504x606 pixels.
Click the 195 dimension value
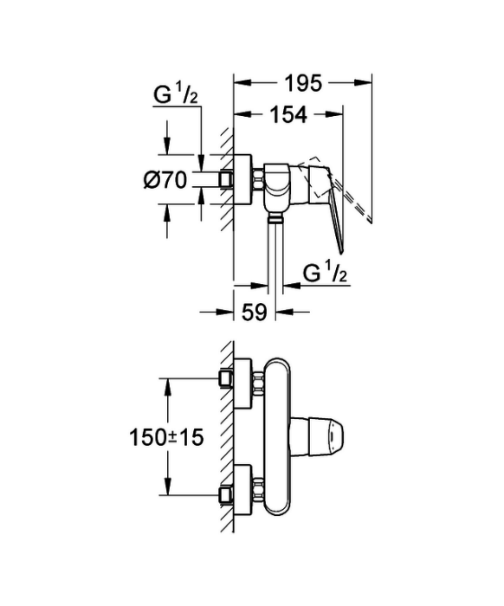(303, 83)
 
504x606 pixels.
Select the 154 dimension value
(288, 115)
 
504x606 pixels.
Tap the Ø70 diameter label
(165, 180)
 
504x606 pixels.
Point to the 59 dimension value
(255, 312)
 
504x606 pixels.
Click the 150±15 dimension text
(166, 438)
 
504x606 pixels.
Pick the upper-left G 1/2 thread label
(176, 95)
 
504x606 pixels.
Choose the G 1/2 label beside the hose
(325, 274)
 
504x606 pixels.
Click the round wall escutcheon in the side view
(242, 180)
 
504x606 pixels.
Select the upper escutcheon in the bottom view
(242, 384)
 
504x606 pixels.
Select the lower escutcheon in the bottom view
(242, 490)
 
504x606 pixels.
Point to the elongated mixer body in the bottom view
(277, 436)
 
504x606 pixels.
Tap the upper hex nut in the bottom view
(258, 384)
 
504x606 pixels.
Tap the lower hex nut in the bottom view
(258, 490)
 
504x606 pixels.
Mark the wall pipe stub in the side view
(227, 180)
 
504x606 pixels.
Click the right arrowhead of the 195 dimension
(363, 82)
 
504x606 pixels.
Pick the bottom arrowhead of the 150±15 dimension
(167, 487)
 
